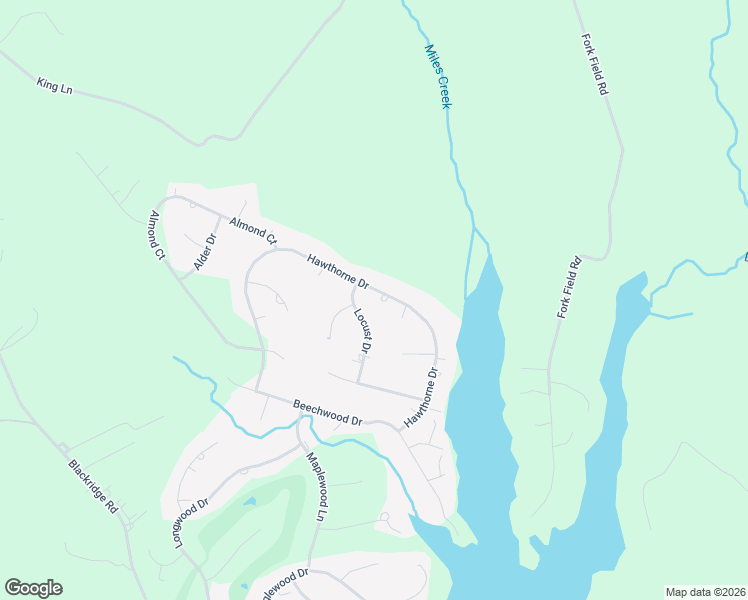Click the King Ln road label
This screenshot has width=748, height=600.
point(55,87)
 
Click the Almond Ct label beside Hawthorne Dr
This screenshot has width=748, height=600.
point(252,231)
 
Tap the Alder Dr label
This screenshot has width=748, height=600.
point(204,253)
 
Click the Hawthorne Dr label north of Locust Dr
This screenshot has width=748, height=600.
point(338,271)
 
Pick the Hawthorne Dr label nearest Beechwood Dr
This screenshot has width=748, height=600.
point(421,399)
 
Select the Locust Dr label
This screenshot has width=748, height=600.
point(362,331)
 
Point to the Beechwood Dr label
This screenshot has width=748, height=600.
point(327,413)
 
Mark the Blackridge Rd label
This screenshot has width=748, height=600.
point(94,487)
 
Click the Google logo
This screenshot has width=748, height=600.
point(33,588)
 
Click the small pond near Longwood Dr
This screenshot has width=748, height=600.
point(249,501)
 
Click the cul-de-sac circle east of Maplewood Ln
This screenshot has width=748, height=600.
point(385,518)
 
